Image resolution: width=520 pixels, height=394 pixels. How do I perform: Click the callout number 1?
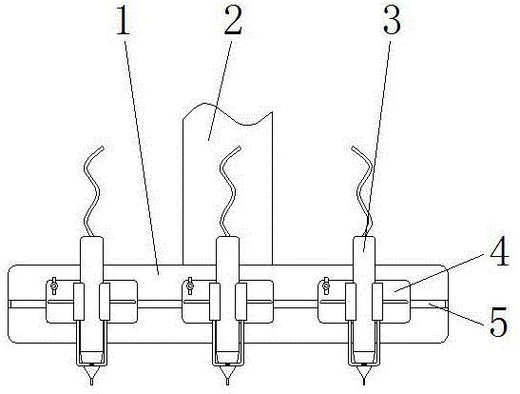click(x=124, y=21)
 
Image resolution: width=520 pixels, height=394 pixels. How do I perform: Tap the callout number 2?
click(x=233, y=20)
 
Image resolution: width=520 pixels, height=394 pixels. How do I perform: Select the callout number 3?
click(x=392, y=21)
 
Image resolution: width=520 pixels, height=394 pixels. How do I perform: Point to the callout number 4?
click(x=500, y=251)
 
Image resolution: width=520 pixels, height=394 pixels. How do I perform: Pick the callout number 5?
click(x=498, y=322)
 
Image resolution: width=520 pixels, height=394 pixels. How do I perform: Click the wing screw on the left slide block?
click(x=53, y=286)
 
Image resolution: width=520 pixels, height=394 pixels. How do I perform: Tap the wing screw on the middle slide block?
click(x=190, y=286)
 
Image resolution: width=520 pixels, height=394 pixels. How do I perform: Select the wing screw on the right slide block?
click(x=326, y=286)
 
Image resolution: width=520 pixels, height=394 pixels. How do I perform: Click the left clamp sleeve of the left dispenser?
click(x=79, y=302)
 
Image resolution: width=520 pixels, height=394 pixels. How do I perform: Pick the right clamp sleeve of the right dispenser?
click(x=377, y=302)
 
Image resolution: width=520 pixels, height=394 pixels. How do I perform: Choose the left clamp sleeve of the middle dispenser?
click(x=215, y=302)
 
